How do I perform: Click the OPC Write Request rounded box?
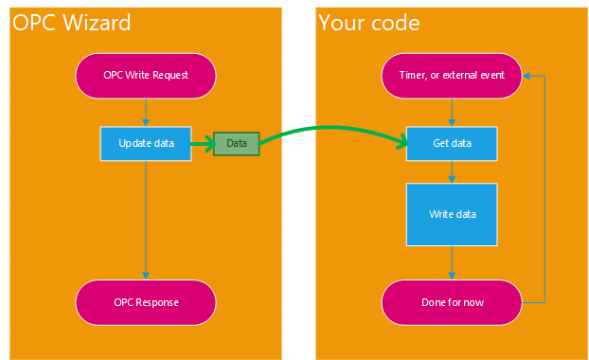(145, 75)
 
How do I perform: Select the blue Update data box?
(145, 143)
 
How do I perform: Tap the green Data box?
(236, 143)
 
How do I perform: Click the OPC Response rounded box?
(145, 302)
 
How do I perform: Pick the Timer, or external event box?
(452, 75)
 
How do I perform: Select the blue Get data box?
(452, 143)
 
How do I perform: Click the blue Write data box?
(452, 213)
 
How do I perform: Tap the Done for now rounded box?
(452, 302)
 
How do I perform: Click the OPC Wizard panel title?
(72, 23)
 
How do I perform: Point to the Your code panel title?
(369, 23)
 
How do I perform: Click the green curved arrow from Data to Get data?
(331, 127)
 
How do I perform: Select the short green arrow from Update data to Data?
(202, 143)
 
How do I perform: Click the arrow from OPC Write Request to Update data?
(145, 111)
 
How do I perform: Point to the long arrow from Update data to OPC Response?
(145, 218)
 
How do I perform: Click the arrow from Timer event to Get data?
(452, 111)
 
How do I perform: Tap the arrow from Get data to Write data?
(452, 171)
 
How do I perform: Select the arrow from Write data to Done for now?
(452, 261)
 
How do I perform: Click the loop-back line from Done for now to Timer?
(544, 189)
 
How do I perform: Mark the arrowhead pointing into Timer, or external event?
(527, 75)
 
